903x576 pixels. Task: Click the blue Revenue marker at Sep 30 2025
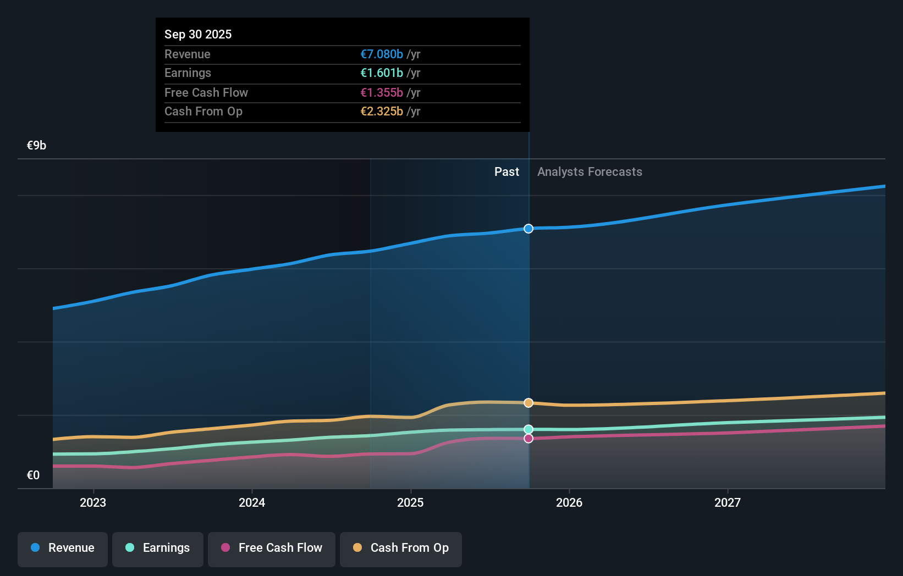[528, 229]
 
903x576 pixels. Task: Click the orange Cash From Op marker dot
[528, 403]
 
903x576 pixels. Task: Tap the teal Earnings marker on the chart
[528, 429]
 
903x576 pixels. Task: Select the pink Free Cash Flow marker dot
[528, 439]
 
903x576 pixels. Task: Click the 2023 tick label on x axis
[93, 502]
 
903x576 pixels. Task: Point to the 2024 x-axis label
[252, 502]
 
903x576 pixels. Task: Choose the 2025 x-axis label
[410, 502]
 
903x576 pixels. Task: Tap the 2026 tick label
[569, 502]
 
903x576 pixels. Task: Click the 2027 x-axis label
[728, 502]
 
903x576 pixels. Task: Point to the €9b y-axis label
[36, 146]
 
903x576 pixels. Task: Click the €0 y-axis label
[33, 475]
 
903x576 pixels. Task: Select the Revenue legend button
[63, 548]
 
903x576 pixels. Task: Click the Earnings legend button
[158, 548]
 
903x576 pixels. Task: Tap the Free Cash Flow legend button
[272, 548]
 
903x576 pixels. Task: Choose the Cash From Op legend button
[401, 548]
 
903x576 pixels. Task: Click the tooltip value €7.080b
[382, 54]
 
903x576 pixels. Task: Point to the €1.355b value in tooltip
[382, 93]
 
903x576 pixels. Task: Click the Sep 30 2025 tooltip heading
[198, 35]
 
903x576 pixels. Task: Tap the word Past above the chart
[506, 172]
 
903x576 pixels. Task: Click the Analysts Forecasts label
[590, 172]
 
